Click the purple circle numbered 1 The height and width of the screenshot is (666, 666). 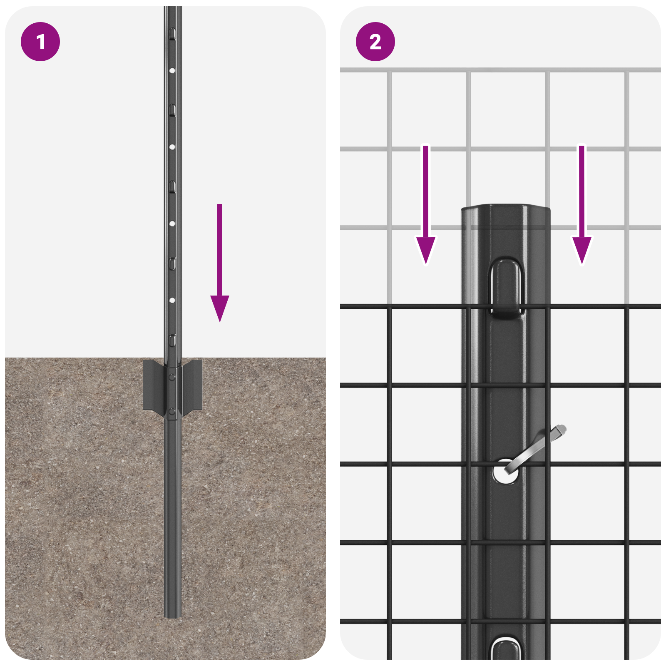(x=40, y=42)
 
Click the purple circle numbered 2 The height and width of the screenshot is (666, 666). (x=375, y=42)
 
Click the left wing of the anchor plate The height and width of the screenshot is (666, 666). (x=153, y=385)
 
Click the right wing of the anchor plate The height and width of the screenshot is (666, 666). (x=192, y=385)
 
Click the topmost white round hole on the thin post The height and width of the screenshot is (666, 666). (x=172, y=71)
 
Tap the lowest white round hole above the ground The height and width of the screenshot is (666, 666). (x=172, y=300)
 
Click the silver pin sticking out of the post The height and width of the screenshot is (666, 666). (x=537, y=447)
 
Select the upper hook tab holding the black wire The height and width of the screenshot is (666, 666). (x=506, y=287)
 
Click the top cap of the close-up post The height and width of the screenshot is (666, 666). (x=505, y=208)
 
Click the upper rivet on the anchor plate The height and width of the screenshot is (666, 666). (x=172, y=377)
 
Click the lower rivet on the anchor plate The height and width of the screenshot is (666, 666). (x=172, y=412)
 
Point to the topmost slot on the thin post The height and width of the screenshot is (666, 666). (x=172, y=33)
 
